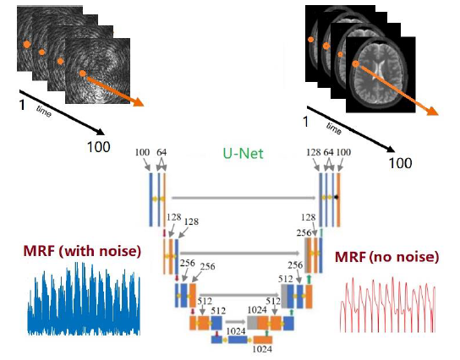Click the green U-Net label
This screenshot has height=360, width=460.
(244, 154)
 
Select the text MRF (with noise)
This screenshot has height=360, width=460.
(82, 251)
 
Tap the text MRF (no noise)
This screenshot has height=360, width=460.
(387, 257)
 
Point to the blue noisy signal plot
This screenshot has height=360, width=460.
(84, 299)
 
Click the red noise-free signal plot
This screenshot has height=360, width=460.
(388, 305)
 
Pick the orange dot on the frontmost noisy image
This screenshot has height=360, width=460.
(83, 74)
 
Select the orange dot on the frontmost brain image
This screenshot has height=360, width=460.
(355, 63)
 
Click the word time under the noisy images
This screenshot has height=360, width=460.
(44, 112)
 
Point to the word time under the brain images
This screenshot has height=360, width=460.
(334, 128)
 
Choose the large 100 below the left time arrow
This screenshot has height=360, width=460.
(99, 147)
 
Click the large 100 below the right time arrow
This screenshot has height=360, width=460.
(400, 163)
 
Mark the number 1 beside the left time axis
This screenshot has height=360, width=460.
(22, 105)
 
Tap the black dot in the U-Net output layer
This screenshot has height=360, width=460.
(337, 197)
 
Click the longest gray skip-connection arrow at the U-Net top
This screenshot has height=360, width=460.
(244, 198)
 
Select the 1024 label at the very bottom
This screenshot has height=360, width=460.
(262, 349)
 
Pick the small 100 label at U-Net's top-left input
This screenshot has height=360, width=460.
(142, 152)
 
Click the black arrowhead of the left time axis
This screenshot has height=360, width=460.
(101, 132)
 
